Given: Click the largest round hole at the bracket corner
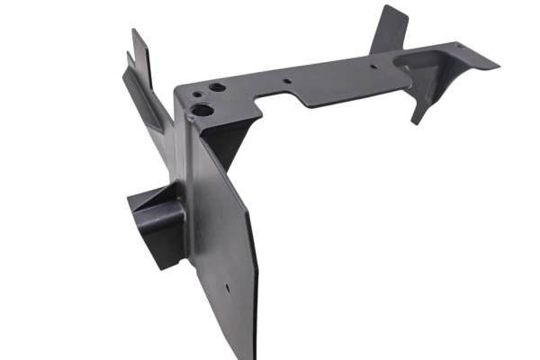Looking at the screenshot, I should coord(202,111).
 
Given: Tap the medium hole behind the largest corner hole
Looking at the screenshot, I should coord(217,88).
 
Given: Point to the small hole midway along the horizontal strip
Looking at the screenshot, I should coord(286,81).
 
